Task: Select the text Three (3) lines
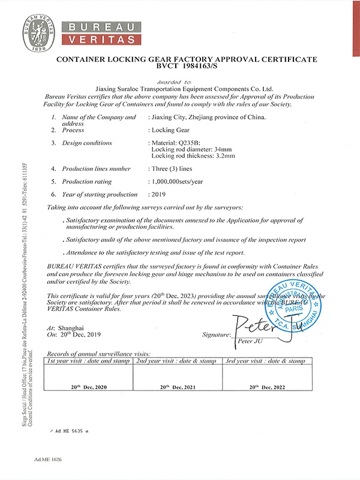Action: (171, 169)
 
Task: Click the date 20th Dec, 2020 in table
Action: (89, 388)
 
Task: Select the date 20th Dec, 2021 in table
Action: (178, 388)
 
